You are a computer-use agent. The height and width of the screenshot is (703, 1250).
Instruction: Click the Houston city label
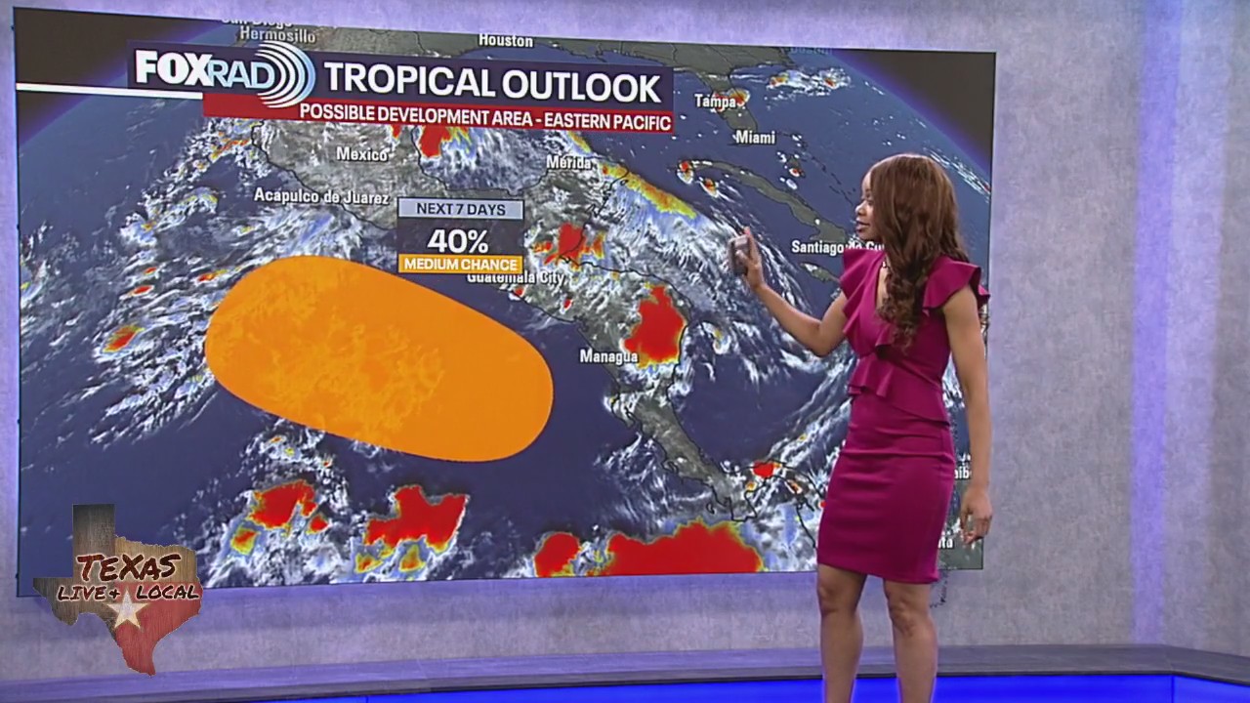506,41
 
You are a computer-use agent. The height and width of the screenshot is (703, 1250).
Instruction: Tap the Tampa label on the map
716,101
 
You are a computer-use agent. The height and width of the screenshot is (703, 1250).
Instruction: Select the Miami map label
755,138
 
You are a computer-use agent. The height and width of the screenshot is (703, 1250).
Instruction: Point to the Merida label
570,161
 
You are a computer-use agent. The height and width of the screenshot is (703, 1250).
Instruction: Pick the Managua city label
608,357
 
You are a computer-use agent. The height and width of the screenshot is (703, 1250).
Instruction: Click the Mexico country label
362,153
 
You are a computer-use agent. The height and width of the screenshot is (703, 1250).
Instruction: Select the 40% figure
458,240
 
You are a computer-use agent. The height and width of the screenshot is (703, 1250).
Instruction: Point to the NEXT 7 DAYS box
460,209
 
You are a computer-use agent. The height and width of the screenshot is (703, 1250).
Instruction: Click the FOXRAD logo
225,71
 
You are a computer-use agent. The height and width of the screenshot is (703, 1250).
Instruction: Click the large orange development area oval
378,357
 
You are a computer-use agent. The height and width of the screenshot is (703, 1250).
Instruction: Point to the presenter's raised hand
745,256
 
